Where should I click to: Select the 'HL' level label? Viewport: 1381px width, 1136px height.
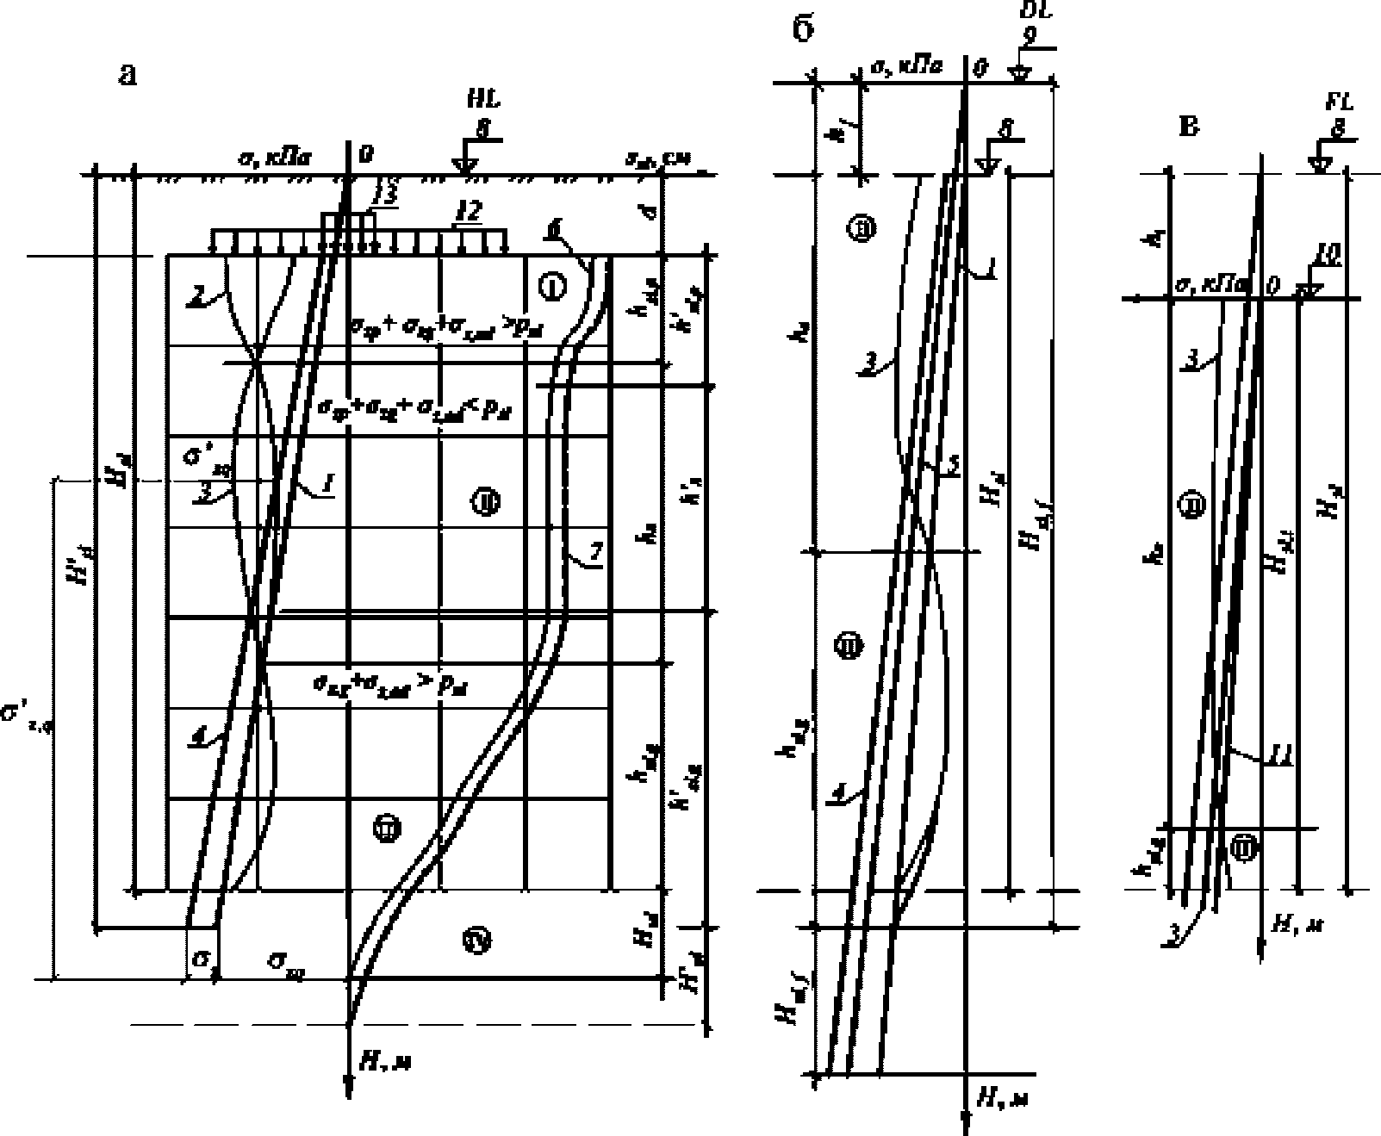(x=482, y=101)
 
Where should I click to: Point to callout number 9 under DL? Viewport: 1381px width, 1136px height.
(x=1026, y=36)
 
